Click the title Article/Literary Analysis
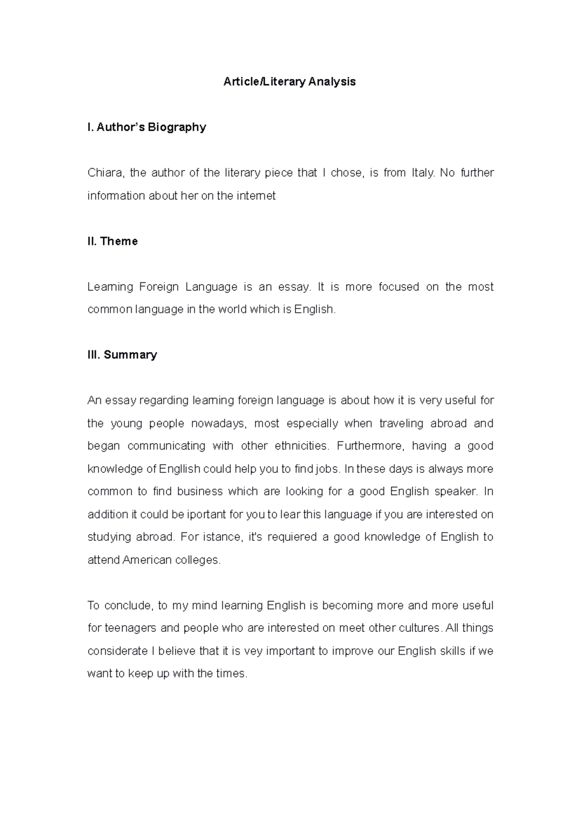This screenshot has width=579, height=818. (289, 82)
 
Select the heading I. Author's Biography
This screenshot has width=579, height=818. (147, 127)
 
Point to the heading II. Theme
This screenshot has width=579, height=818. (112, 241)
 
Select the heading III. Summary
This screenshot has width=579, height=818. (122, 355)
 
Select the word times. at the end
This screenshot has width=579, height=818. (232, 674)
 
